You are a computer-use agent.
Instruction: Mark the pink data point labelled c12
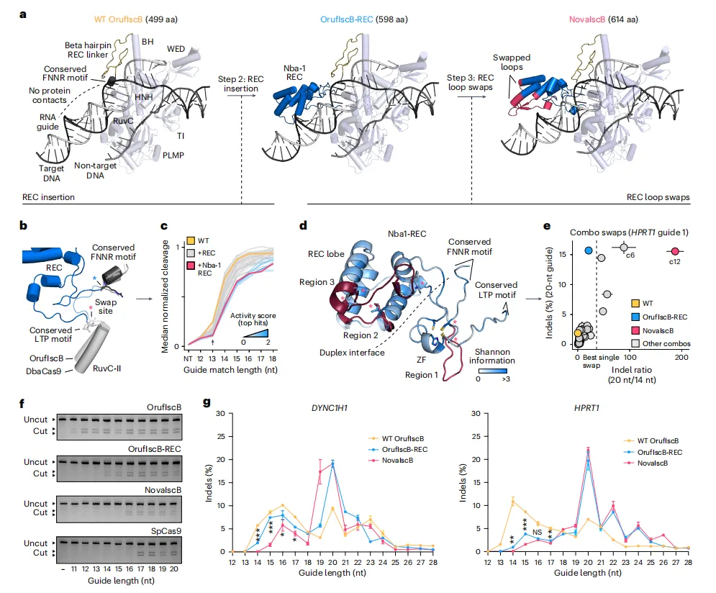pos(674,251)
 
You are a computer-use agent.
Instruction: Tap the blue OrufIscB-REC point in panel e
pos(589,250)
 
